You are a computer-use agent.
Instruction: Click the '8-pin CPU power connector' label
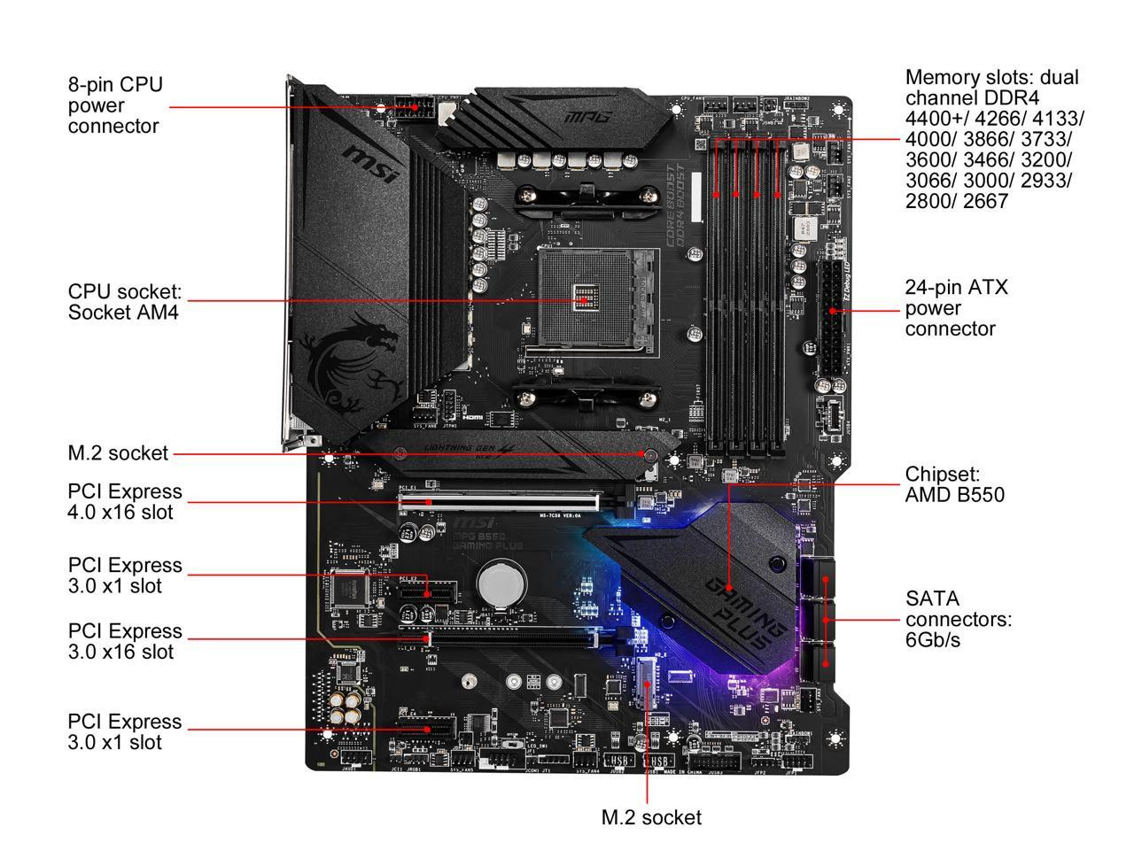115,105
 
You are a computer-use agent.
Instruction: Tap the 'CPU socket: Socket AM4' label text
124,301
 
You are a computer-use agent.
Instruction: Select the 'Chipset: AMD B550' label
954,484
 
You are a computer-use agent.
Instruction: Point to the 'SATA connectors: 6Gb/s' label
958,619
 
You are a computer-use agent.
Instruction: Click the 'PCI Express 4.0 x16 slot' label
124,501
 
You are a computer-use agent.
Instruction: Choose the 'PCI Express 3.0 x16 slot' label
124,641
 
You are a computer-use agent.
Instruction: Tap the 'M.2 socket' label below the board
650,817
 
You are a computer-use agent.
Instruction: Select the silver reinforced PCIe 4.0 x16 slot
501,501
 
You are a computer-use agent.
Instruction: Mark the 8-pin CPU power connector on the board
413,110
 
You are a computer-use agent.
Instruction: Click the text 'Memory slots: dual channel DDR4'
992,88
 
